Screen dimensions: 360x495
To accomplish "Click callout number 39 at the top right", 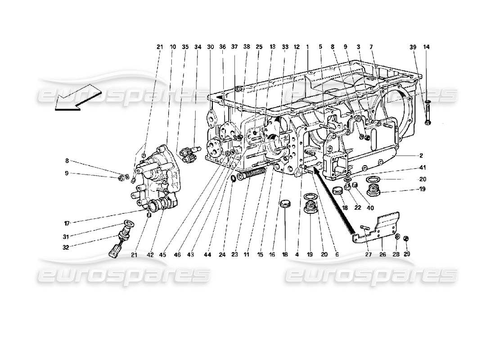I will point(413,47).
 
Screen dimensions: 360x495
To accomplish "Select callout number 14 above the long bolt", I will point(426,47).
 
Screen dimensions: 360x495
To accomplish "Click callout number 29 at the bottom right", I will point(407,254).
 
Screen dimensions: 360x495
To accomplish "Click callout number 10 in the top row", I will point(173,47).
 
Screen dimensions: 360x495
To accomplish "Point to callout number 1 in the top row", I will point(307,47).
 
